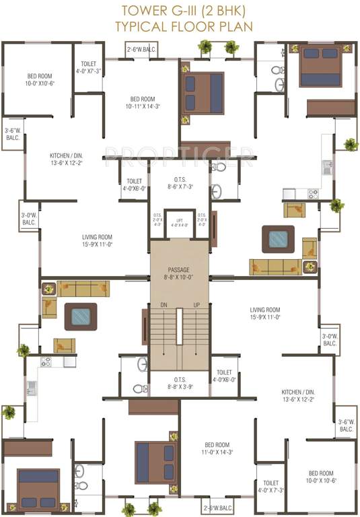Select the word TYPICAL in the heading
click(140, 26)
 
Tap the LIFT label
click(179, 219)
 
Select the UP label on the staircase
click(197, 304)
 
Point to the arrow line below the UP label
click(197, 333)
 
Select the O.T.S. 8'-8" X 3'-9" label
click(179, 384)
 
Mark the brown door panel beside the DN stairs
click(144, 326)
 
